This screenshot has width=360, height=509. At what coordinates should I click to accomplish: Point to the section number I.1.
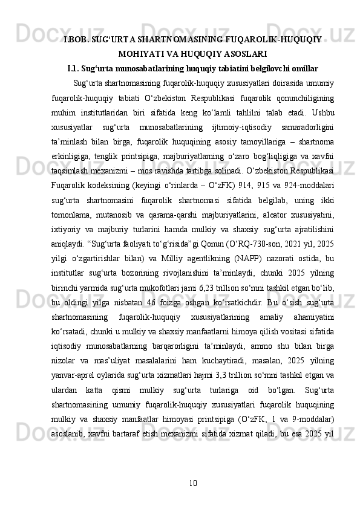(x=76, y=67)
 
